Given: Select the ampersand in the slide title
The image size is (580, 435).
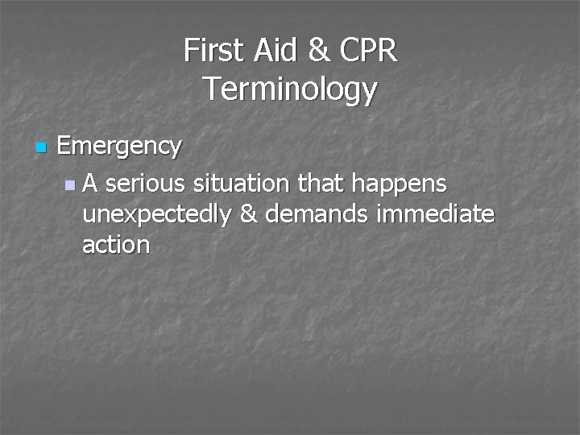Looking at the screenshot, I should pos(319,51).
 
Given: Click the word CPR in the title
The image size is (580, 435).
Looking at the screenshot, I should pos(368,51).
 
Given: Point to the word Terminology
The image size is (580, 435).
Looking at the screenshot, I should pos(290,89).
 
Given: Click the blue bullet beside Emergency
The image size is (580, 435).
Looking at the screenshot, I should pos(41,148).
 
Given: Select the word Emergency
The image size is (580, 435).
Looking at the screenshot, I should pos(119,147).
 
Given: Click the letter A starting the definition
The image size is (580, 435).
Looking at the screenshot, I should pos(90,184).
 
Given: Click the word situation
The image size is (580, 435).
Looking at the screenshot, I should pos(242,184).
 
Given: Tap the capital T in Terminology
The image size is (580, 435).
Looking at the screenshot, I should pos(210,88).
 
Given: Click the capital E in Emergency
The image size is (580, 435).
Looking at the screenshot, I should pos(65,147).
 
